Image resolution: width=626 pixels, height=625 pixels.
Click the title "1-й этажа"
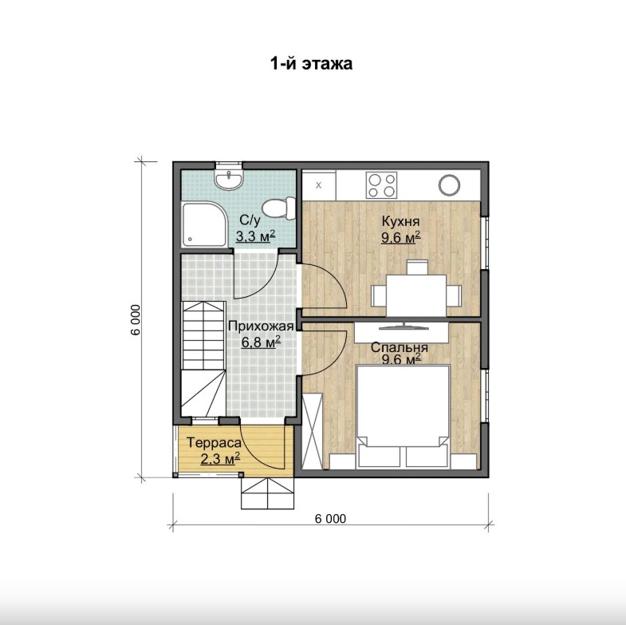[x=311, y=64]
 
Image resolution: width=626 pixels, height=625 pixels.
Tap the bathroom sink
[x=229, y=180]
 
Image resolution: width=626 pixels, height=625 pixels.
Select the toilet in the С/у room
[x=279, y=208]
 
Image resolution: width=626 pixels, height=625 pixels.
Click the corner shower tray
[x=204, y=225]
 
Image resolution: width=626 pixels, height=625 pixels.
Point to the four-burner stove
[x=382, y=185]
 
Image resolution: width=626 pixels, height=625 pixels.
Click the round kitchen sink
[x=450, y=185]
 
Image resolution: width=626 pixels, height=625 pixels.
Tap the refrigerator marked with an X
[x=319, y=185]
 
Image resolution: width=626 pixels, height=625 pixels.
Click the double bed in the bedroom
[x=404, y=416]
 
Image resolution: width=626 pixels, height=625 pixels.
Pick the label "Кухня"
[x=400, y=221]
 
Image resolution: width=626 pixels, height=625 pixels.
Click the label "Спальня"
[x=400, y=347]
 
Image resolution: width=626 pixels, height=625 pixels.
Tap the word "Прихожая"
[x=261, y=326]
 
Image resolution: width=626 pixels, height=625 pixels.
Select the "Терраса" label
[x=214, y=443]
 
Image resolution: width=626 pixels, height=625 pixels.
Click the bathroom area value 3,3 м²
[x=255, y=235]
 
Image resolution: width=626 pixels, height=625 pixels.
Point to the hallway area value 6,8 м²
[x=261, y=342]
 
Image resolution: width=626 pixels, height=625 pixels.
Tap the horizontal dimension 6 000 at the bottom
[x=331, y=519]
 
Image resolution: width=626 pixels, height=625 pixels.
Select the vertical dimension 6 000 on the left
[x=136, y=320]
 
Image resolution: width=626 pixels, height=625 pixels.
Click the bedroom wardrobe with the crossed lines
[x=312, y=431]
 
